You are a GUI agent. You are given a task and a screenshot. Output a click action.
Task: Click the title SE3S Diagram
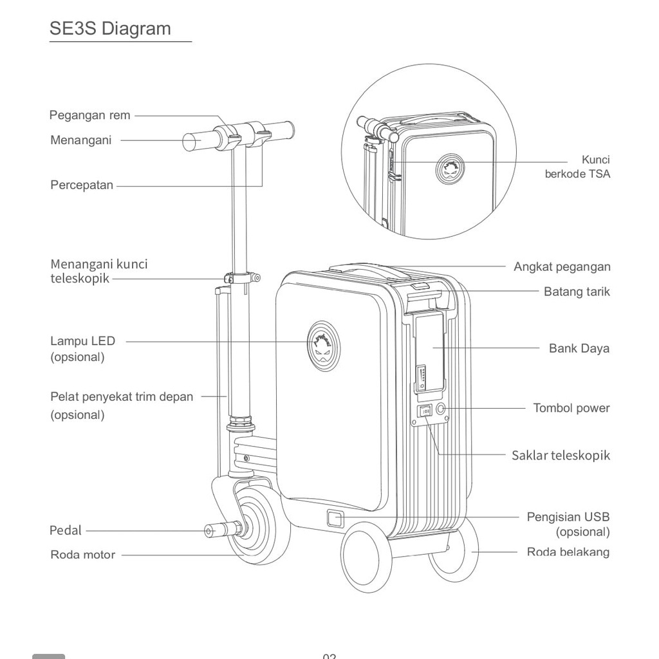pos(110,29)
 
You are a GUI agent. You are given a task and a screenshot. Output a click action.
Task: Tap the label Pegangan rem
pos(89,116)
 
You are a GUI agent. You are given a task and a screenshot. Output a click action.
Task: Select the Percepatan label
pos(82,185)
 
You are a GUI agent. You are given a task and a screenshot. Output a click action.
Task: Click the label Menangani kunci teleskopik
pos(98,271)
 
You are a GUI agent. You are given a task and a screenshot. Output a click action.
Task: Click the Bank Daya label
pos(579,349)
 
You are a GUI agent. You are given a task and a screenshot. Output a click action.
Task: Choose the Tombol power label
pos(571,408)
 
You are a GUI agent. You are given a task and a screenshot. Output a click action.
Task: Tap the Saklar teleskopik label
pos(561,456)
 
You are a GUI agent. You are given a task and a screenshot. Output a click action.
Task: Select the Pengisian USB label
pos(568,517)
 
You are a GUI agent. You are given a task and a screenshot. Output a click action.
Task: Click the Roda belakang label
pos(568,552)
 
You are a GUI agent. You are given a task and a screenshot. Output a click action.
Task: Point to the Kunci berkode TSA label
pos(577,167)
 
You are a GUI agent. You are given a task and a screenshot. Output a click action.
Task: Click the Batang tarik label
pos(577,292)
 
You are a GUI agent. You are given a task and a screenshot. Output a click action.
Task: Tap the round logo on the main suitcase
pos(323,348)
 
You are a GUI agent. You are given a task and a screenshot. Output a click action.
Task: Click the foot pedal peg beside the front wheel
pos(221,530)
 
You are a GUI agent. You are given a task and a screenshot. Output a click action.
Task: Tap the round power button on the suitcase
pos(441,409)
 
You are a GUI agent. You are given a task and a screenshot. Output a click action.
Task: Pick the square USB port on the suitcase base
pos(335,518)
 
